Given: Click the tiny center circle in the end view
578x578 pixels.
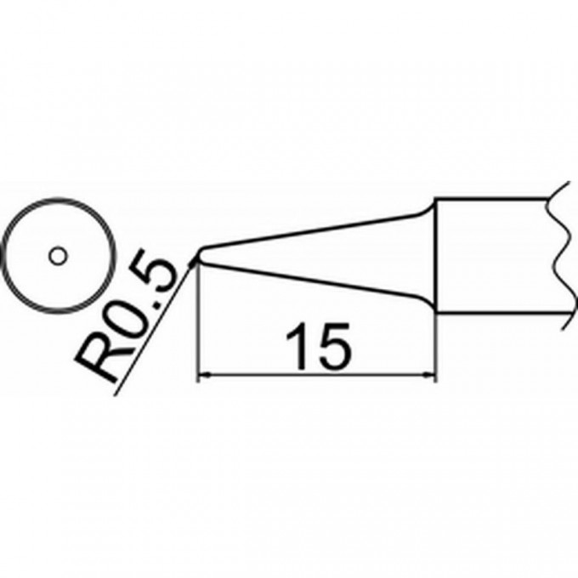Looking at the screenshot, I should [x=57, y=254].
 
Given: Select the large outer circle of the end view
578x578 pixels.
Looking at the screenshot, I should [x=57, y=201].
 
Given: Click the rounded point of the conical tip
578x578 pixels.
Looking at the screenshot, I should [x=199, y=254].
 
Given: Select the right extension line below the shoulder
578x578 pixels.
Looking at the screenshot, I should [x=436, y=348].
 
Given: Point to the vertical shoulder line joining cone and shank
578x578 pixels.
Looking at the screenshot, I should [x=436, y=255].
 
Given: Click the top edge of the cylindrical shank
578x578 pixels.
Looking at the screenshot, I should [x=493, y=199].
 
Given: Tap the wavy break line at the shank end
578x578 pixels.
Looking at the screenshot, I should [x=558, y=255].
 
